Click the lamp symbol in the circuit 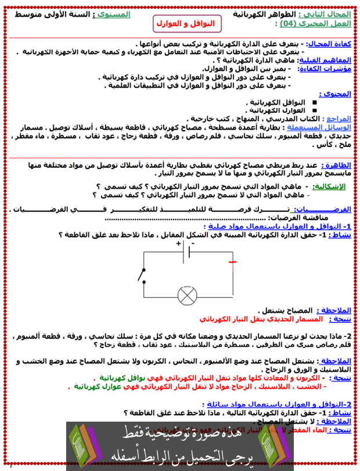click(x=188, y=294)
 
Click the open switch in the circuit click(x=141, y=275)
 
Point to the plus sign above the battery click(x=179, y=243)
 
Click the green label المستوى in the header click(x=113, y=13)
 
